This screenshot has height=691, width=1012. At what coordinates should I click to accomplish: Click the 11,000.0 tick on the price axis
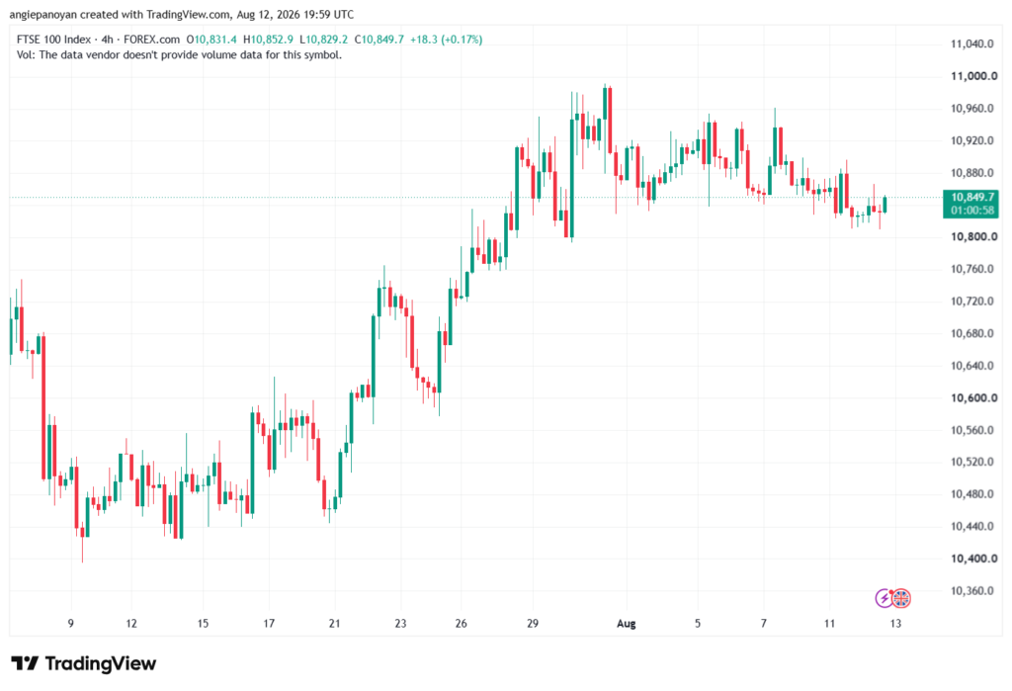(973, 76)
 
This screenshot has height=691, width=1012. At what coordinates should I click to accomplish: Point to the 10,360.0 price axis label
(972, 591)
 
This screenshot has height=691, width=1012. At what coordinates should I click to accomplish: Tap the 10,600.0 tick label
(973, 397)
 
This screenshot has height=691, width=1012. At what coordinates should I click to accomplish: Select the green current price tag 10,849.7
(972, 197)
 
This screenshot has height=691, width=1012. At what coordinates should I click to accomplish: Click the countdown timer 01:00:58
(972, 210)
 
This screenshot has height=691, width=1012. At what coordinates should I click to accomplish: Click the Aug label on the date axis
(626, 623)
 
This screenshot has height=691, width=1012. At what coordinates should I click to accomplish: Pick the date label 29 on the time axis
(533, 623)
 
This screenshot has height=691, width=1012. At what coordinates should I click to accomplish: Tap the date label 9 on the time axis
(71, 623)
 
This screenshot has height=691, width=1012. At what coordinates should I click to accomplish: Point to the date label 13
(895, 623)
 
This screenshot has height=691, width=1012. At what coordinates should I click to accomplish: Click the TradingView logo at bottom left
(84, 663)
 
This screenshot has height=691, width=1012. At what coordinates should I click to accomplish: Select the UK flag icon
(901, 599)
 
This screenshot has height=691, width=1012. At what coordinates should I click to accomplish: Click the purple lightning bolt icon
(884, 599)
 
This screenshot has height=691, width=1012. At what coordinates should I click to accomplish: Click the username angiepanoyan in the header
(42, 14)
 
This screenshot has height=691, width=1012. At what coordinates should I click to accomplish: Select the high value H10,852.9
(268, 40)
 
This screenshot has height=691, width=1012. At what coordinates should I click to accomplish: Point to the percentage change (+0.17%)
(462, 40)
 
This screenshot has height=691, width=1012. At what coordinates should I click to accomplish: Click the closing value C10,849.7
(379, 40)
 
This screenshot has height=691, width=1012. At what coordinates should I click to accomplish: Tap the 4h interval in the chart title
(107, 40)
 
